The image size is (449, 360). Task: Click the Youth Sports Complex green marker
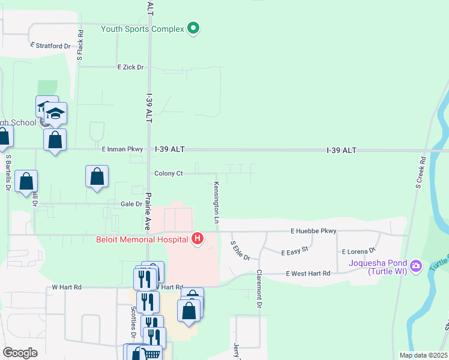(193, 28)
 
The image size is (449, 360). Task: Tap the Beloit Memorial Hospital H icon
(197, 239)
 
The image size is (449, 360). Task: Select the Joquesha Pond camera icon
(416, 264)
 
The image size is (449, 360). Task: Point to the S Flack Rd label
(79, 47)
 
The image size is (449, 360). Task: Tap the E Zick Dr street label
(131, 67)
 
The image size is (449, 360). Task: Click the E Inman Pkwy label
(122, 149)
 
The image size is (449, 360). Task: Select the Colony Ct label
(169, 173)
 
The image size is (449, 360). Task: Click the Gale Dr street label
(130, 204)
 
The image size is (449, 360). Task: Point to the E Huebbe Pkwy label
(313, 231)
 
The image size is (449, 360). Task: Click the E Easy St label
(295, 251)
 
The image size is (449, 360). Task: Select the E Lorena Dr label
(358, 251)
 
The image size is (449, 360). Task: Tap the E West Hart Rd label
(308, 274)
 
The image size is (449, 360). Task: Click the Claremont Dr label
(260, 288)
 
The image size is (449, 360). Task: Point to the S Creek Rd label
(420, 173)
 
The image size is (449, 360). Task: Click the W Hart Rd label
(66, 287)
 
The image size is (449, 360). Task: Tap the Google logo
(20, 352)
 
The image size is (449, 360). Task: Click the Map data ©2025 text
(423, 355)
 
